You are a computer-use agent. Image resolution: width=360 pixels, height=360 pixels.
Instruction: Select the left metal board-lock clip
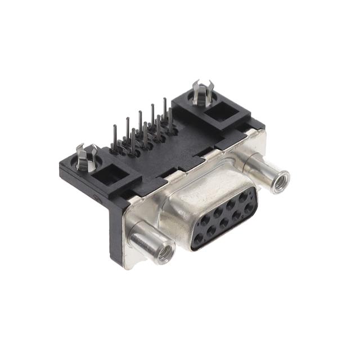[87, 157]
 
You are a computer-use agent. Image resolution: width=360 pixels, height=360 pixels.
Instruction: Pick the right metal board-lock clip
[201, 92]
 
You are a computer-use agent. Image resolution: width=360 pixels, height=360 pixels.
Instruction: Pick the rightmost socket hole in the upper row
[243, 197]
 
